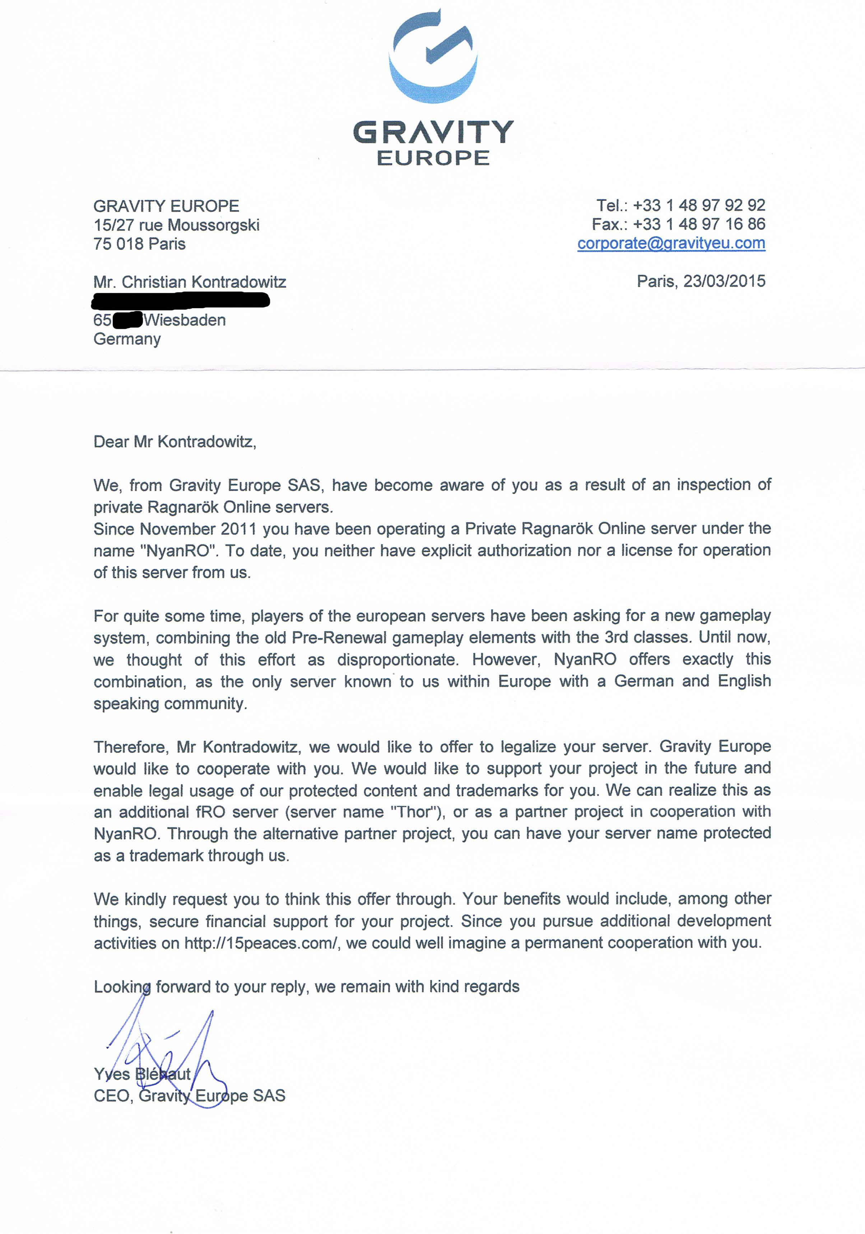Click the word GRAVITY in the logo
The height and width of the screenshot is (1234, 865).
point(433,132)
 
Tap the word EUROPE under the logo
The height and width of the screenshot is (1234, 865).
point(433,158)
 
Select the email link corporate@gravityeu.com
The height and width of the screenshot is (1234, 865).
point(671,243)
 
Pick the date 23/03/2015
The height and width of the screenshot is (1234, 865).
point(724,281)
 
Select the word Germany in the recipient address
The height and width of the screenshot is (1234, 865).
point(127,339)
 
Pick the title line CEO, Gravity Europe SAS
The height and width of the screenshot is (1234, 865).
point(190,1096)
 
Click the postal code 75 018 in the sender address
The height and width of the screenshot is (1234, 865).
point(118,244)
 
